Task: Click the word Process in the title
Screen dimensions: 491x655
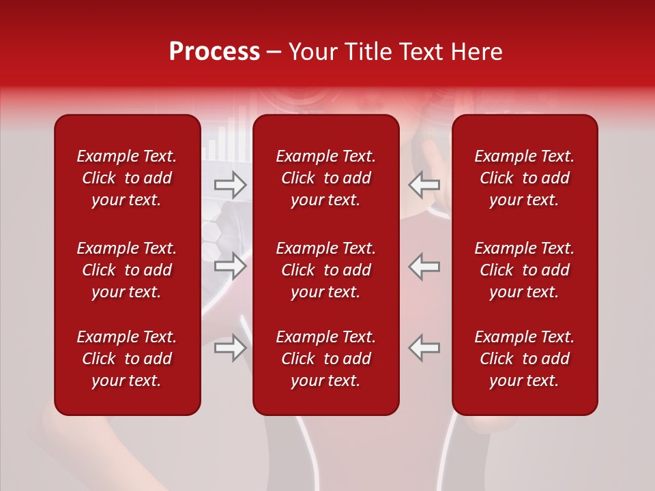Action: click(x=214, y=52)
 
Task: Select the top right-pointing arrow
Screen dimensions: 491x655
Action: click(x=230, y=184)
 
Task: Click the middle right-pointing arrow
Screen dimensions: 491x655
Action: click(x=230, y=267)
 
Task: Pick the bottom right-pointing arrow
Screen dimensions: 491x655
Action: click(x=230, y=348)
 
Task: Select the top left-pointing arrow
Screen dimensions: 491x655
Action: click(x=424, y=184)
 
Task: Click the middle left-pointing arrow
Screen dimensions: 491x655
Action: click(x=424, y=267)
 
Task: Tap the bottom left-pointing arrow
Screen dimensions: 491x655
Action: click(x=424, y=348)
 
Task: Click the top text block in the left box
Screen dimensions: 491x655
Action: click(x=127, y=178)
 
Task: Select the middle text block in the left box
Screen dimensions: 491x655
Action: click(x=127, y=270)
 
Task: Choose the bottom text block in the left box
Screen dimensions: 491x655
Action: click(x=127, y=359)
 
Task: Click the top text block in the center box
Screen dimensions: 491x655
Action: click(x=325, y=178)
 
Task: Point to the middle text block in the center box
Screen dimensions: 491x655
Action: click(x=325, y=270)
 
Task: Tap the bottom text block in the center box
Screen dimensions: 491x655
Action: click(x=325, y=359)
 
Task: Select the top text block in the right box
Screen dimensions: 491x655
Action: click(x=524, y=178)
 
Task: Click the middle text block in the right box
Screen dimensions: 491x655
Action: click(x=524, y=270)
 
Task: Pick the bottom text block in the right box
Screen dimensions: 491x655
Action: click(x=524, y=359)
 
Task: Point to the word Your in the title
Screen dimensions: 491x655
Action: click(x=312, y=52)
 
